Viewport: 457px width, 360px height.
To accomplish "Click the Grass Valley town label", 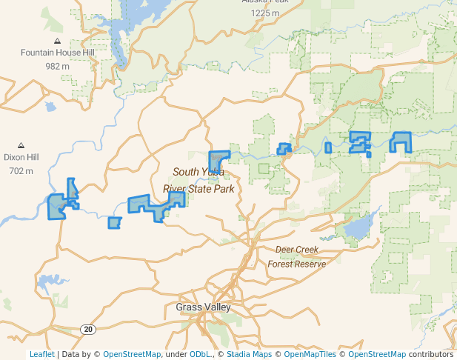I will pos(203,307).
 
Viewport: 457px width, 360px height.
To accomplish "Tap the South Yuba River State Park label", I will pos(199,180).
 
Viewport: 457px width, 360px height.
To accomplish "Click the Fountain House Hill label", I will pos(57,53).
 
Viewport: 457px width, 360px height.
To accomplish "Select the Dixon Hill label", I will pos(21,158).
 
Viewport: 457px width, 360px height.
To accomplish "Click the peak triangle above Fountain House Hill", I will pos(57,40).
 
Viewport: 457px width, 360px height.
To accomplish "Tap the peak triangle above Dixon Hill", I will pos(21,145).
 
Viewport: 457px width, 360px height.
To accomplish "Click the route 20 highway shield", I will pos(88,329).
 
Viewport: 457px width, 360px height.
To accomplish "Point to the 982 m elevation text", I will pos(57,66).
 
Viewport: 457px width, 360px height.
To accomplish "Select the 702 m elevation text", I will pos(21,171).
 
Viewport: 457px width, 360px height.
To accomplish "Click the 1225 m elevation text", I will pos(265,13).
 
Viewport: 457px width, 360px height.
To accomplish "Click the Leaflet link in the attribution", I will pos(41,354).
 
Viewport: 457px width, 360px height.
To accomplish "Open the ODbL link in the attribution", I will pos(200,354).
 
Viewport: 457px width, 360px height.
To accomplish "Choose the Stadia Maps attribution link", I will pos(249,354).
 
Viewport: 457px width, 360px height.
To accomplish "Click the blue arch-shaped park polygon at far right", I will pos(401,138).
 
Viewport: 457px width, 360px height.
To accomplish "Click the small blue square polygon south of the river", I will pos(113,222).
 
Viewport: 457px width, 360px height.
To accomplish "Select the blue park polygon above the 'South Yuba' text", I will pos(217,159).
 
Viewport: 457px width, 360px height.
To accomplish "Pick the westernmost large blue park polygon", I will pos(56,207).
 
